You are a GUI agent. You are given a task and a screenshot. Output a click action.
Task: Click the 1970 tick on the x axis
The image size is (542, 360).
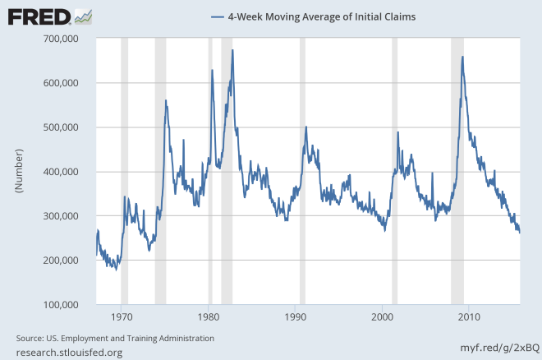[x=122, y=316]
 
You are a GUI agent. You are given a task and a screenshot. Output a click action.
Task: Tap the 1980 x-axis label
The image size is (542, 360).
[x=209, y=316]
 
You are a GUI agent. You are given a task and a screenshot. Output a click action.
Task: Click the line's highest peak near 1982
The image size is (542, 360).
[x=232, y=50]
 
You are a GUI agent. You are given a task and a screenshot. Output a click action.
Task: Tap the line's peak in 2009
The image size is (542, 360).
[x=463, y=57]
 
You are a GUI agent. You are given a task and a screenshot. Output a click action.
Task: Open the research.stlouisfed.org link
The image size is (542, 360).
[x=69, y=353]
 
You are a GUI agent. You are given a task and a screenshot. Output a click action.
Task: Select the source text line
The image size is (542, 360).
[x=115, y=338]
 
